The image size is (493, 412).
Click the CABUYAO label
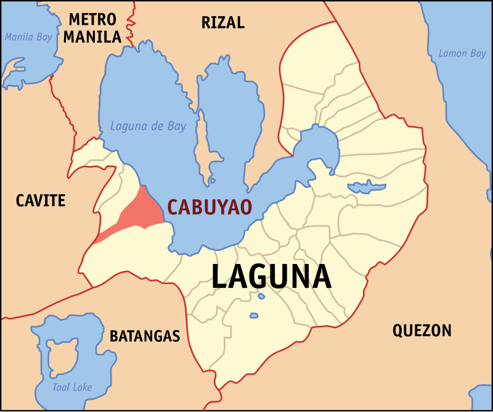[210, 207]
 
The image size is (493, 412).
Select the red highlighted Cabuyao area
[140, 212]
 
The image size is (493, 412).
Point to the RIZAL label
[223, 23]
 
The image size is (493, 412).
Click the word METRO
[93, 19]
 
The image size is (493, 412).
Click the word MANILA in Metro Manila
[92, 37]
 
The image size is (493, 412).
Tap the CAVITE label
[41, 200]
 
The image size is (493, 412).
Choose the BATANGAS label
[145, 336]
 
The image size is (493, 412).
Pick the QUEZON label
[422, 331]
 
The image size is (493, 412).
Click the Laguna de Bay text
[148, 126]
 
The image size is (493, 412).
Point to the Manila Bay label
[28, 37]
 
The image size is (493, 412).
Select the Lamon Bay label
[462, 54]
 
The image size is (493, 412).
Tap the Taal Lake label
[72, 387]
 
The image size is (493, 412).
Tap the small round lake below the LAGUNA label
[253, 316]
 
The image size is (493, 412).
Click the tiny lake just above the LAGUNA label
[261, 296]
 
